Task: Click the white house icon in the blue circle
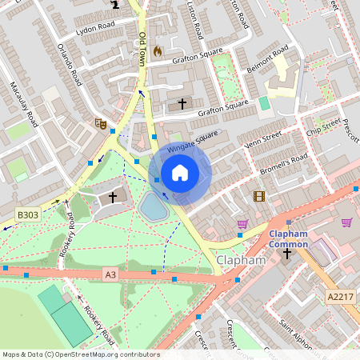point(180,173)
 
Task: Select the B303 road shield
point(28,214)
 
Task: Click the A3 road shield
point(110,274)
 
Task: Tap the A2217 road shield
point(338,296)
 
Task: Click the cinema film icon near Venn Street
point(258,196)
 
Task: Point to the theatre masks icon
point(100,123)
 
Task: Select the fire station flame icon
point(157,50)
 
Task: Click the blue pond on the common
point(153,207)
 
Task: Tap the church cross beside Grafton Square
point(182,103)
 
